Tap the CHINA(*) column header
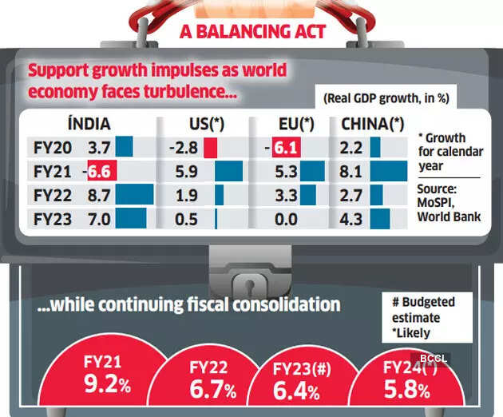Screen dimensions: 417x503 372,124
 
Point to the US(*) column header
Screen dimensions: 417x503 204,124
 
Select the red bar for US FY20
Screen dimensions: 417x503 210,148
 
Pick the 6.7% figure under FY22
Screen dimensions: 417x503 212,391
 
